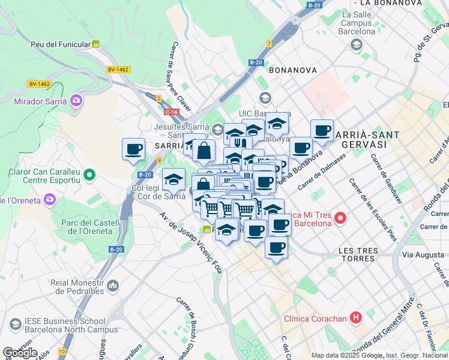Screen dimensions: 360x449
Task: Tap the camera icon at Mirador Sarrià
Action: [76, 100]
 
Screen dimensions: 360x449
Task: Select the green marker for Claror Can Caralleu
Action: [89, 175]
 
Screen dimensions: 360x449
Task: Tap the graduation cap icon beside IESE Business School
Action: [16, 325]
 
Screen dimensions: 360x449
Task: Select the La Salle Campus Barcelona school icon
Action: [356, 44]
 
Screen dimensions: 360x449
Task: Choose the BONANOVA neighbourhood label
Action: [292, 70]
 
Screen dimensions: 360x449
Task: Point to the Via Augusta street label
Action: [424, 254]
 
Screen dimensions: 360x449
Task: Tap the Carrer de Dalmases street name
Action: [322, 170]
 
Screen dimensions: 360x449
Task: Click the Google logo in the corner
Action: [20, 353]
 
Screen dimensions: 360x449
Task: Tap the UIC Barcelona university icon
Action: [265, 98]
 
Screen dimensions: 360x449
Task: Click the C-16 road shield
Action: [171, 112]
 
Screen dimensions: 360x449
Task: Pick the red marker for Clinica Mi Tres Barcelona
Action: [340, 218]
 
